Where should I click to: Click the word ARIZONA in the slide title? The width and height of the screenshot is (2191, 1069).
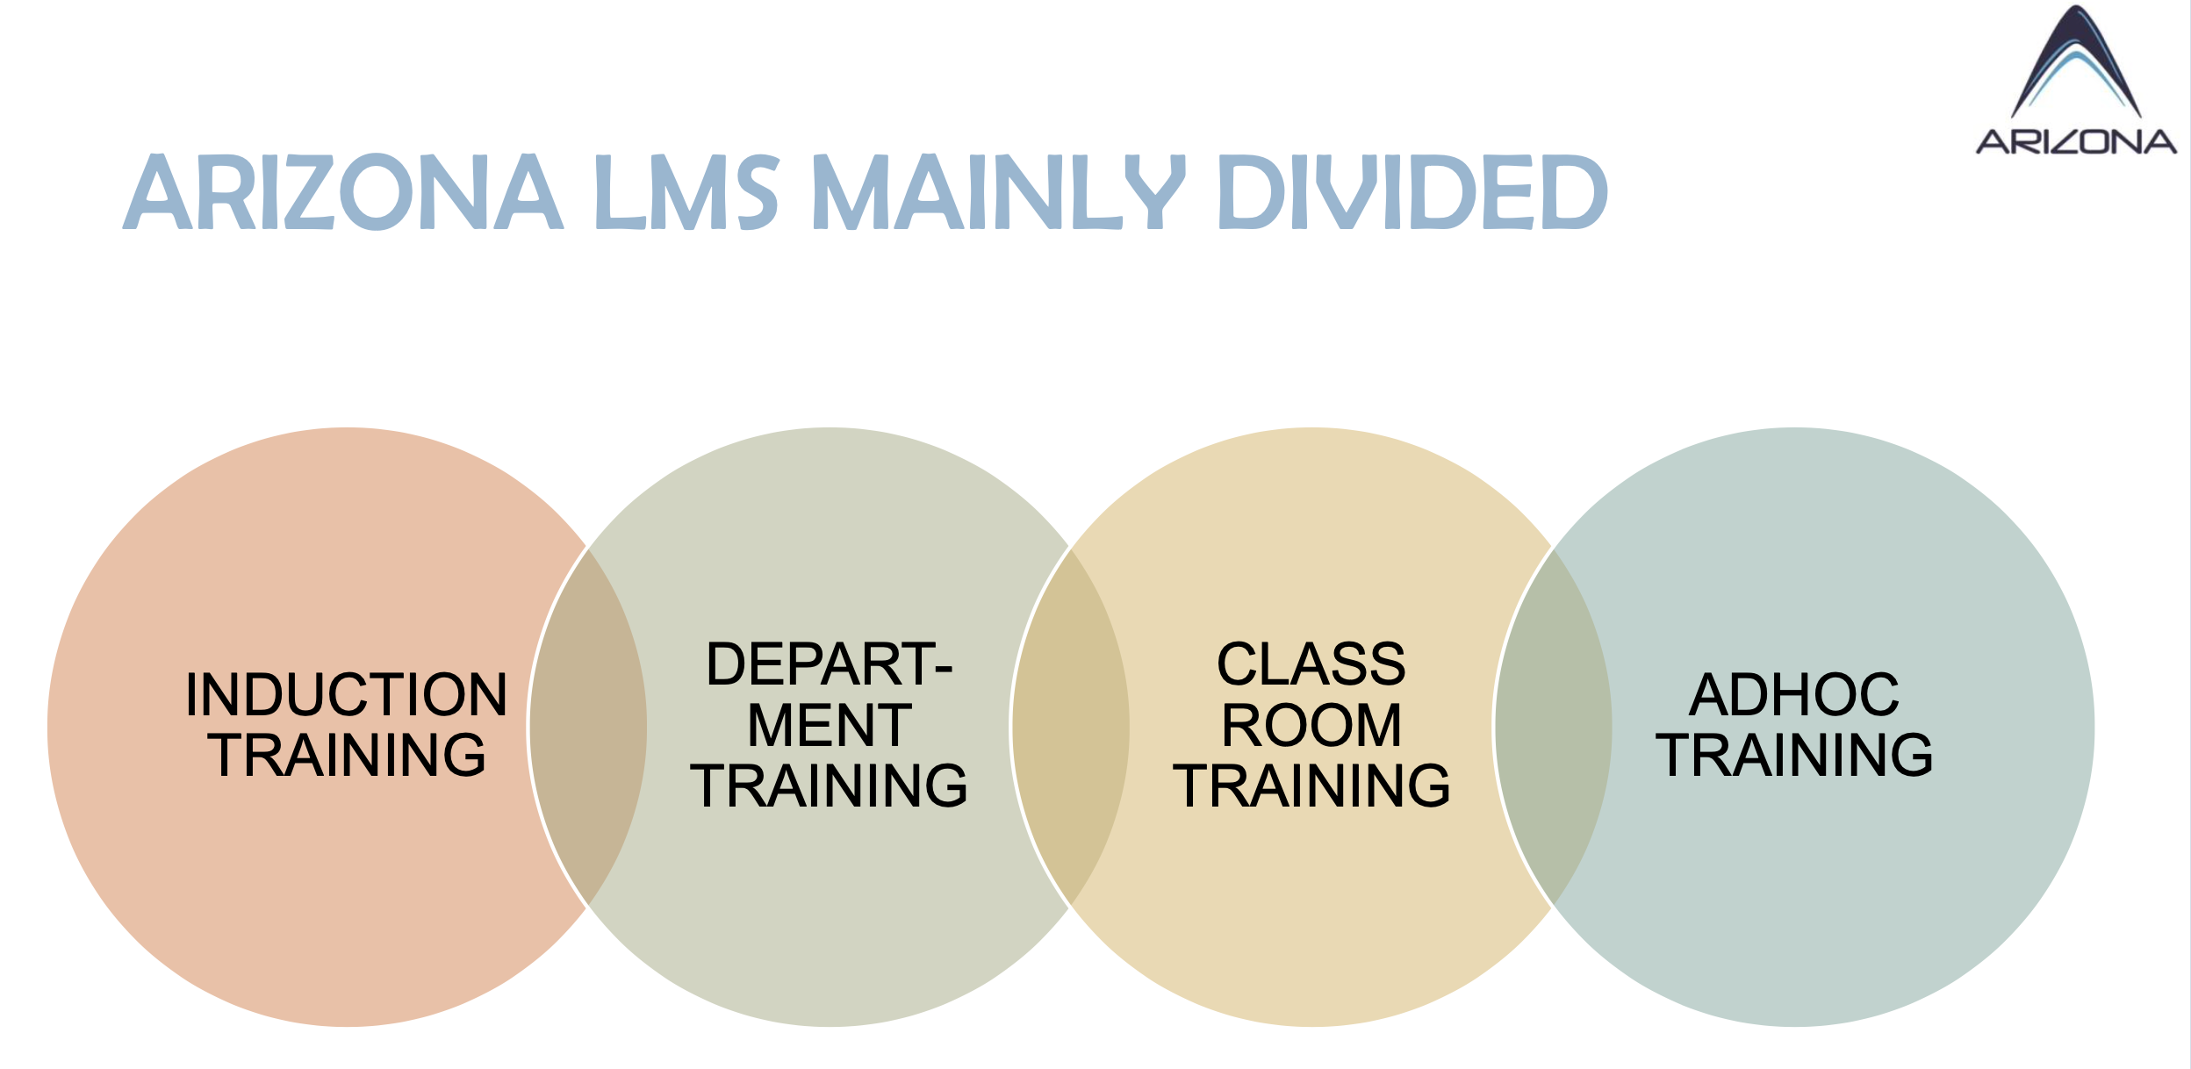[342, 191]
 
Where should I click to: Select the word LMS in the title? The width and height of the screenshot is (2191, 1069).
[686, 191]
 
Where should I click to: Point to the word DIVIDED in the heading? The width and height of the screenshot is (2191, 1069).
[1413, 191]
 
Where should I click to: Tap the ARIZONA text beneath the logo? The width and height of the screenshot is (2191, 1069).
[2076, 141]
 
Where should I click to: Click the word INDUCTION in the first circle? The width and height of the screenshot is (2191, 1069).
[347, 694]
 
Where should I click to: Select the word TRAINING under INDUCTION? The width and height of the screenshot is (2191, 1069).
[347, 755]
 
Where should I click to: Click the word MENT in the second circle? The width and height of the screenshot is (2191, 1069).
[830, 725]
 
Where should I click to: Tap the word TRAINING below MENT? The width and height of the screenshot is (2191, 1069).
[830, 785]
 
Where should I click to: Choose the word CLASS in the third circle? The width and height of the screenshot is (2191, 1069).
[1311, 664]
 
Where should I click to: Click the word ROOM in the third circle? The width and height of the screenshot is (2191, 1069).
[1311, 725]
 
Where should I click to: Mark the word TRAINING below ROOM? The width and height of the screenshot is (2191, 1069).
[1311, 785]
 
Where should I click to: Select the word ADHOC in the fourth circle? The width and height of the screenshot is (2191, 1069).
[1793, 694]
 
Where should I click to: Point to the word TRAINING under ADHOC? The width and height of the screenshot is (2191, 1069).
[1793, 755]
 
